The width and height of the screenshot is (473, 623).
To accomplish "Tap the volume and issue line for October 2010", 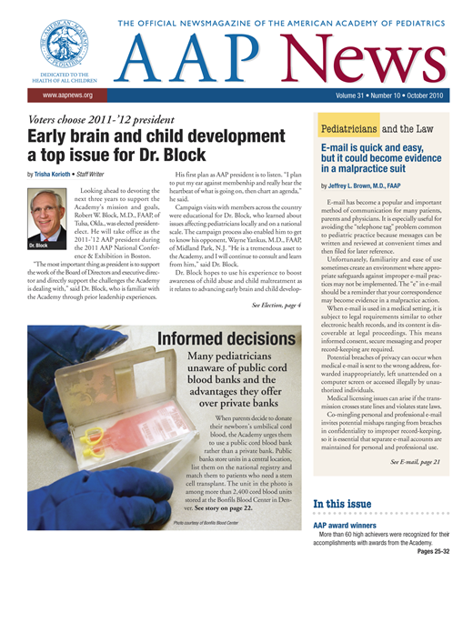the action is (x=403, y=94).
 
